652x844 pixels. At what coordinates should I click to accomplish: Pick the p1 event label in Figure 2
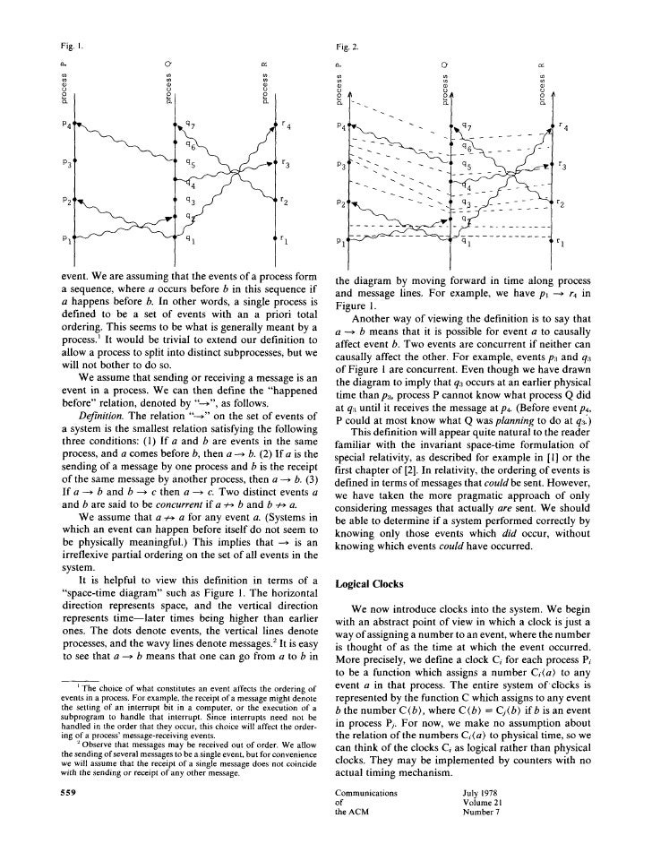pyautogui.click(x=339, y=240)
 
